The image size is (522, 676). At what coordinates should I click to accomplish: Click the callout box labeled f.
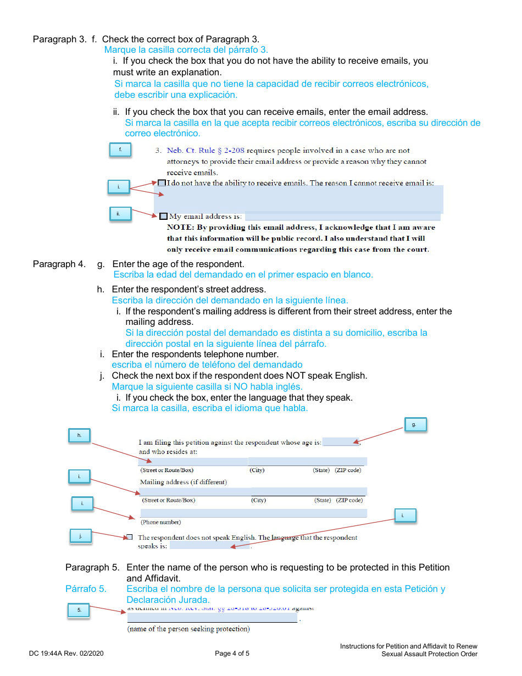coord(120,149)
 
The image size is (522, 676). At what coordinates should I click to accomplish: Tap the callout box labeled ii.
coord(120,213)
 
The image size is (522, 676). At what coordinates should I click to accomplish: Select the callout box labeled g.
coord(415,424)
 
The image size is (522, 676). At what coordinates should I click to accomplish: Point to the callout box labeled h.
coord(80,435)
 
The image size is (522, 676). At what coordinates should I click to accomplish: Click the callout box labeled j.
coord(81,536)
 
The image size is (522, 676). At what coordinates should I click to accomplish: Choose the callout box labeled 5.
coord(79,609)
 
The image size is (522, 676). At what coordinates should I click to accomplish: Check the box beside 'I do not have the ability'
coord(162,183)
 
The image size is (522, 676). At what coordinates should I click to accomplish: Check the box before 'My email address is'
coord(163,216)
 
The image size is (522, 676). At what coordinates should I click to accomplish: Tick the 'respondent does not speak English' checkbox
coord(129,537)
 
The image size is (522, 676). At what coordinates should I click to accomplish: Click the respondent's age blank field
coord(340,442)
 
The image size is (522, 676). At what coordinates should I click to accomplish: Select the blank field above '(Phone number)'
coord(253,513)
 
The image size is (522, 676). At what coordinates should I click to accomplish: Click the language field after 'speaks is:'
coord(209,546)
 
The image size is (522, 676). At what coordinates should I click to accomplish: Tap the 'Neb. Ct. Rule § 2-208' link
coord(206,151)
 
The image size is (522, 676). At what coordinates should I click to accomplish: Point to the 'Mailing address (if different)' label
coord(183,482)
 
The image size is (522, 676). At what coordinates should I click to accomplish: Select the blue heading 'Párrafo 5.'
coord(86,589)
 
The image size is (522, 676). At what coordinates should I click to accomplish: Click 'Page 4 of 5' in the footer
coord(232,653)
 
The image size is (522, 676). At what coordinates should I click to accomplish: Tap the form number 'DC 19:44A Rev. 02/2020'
coord(66,653)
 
